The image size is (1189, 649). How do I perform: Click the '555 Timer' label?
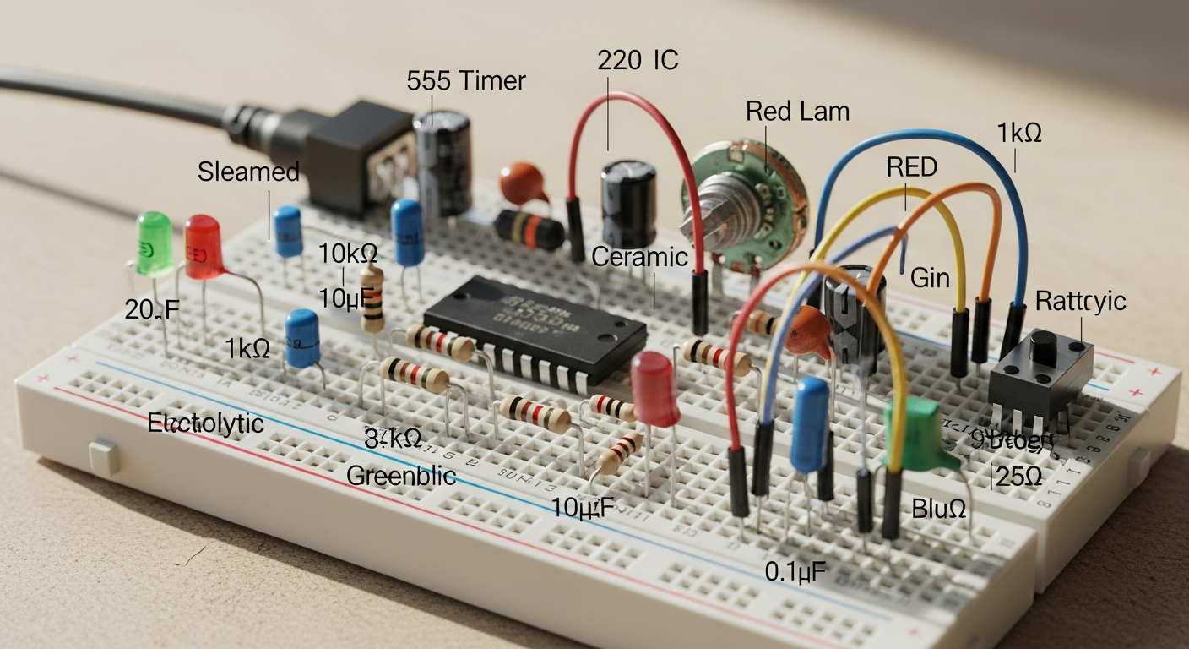tap(465, 81)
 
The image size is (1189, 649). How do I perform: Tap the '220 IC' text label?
tap(638, 60)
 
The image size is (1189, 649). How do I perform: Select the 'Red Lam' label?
tap(797, 111)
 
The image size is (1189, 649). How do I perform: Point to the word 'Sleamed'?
tap(248, 172)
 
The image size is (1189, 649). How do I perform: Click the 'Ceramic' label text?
tap(639, 257)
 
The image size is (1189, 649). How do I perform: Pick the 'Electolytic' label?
tap(205, 423)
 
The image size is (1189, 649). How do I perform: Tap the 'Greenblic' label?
tap(401, 475)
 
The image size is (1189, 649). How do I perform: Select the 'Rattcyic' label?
tap(1080, 302)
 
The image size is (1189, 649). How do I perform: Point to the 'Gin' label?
tap(930, 277)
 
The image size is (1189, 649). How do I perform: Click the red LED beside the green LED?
tap(203, 246)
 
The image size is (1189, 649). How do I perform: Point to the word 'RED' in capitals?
tap(911, 167)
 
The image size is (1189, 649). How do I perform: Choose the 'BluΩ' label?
tap(938, 509)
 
